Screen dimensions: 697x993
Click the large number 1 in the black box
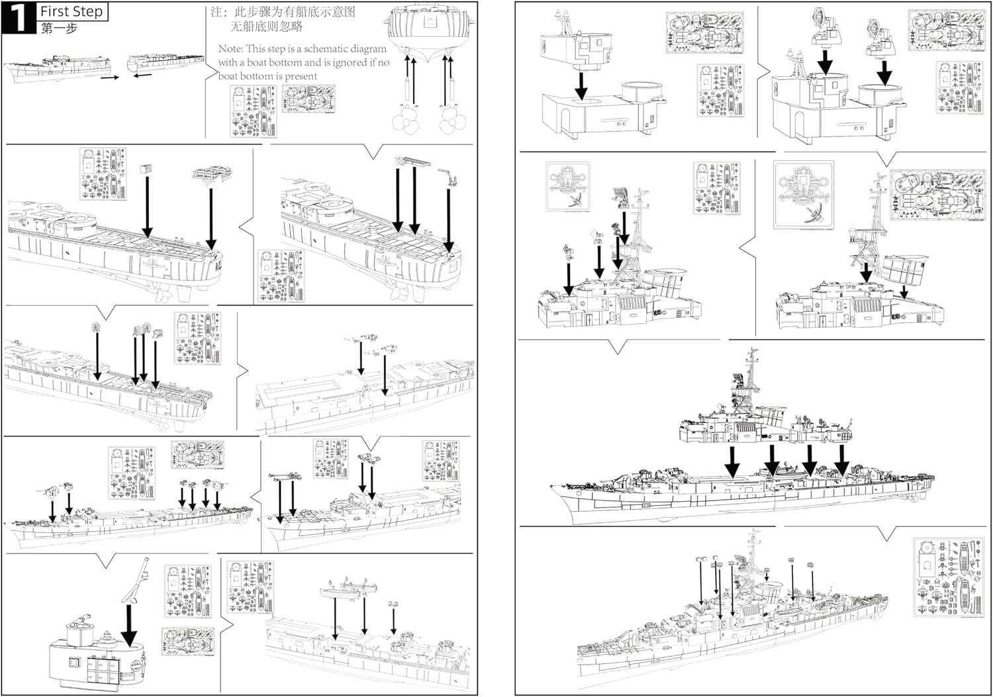pyautogui.click(x=19, y=18)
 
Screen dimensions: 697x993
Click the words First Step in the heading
pyautogui.click(x=71, y=11)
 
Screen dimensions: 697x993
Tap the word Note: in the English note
pyautogui.click(x=230, y=48)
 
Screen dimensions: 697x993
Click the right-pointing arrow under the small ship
pyautogui.click(x=110, y=77)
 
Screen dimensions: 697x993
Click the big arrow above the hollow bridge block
pyautogui.click(x=581, y=84)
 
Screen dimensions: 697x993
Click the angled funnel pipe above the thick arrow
pyautogui.click(x=138, y=580)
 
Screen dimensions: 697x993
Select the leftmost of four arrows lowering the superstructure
pyautogui.click(x=732, y=461)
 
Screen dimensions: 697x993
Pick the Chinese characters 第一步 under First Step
pyautogui.click(x=59, y=28)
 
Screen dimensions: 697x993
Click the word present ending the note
pyautogui.click(x=301, y=76)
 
